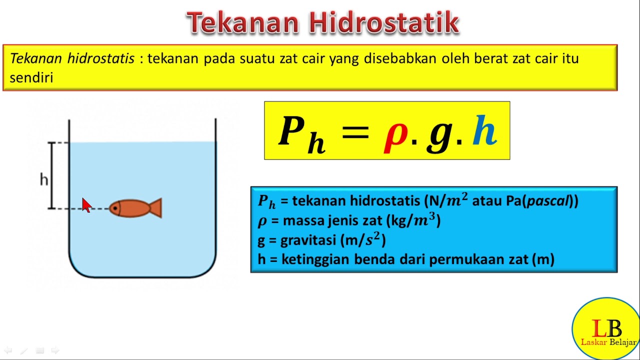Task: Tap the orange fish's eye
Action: (x=116, y=207)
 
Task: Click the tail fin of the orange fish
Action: (x=155, y=208)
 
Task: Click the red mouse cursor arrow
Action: (x=86, y=204)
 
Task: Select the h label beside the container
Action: (x=44, y=179)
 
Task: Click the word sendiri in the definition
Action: (x=31, y=78)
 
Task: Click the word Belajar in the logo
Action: (x=622, y=342)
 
